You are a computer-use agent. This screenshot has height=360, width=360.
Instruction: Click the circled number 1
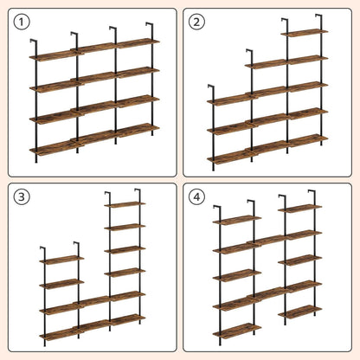pos(22,22)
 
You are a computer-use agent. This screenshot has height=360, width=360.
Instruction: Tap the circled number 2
pos(196,22)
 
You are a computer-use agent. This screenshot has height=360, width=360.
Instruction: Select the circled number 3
pos(22,197)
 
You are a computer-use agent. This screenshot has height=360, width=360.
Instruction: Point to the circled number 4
pos(196,197)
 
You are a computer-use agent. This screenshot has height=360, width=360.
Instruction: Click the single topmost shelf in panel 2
pos(305,33)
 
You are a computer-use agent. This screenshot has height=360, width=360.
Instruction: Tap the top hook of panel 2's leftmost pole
pos(210,87)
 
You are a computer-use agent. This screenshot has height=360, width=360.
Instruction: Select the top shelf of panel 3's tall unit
pos(125,204)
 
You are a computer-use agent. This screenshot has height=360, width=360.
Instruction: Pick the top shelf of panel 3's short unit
pos(61,260)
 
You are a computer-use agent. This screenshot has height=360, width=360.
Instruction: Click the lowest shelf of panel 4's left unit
pos(237,330)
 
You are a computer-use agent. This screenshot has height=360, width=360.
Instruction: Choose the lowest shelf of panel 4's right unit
pos(300,312)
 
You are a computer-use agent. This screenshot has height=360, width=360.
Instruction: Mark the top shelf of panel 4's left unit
pos(237,220)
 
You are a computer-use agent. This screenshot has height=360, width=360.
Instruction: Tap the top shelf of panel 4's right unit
pos(300,209)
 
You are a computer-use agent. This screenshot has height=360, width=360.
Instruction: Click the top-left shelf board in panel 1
pos(54,55)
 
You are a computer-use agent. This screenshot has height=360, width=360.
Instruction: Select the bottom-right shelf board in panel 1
pos(138,130)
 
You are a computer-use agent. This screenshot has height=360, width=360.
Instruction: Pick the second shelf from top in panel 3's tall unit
pos(125,227)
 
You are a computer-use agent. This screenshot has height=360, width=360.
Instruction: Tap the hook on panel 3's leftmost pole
pos(42,248)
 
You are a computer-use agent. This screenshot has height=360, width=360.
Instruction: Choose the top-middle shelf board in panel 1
pos(97,48)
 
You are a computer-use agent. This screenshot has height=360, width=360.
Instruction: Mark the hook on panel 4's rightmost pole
pos(312,192)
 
